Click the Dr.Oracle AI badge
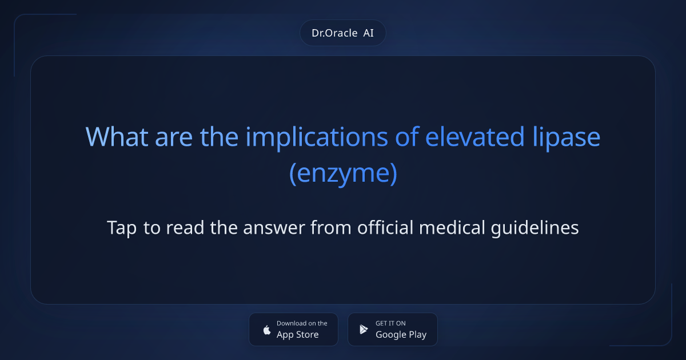coord(342,33)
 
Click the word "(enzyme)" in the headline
coord(343,174)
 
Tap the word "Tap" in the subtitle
coord(122,227)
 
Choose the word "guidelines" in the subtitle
coord(535,227)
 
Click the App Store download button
coord(293,329)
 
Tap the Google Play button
coord(393,329)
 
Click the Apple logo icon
coord(266,330)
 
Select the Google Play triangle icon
coord(364,330)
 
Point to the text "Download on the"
coord(302,323)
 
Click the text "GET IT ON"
coord(390,323)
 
